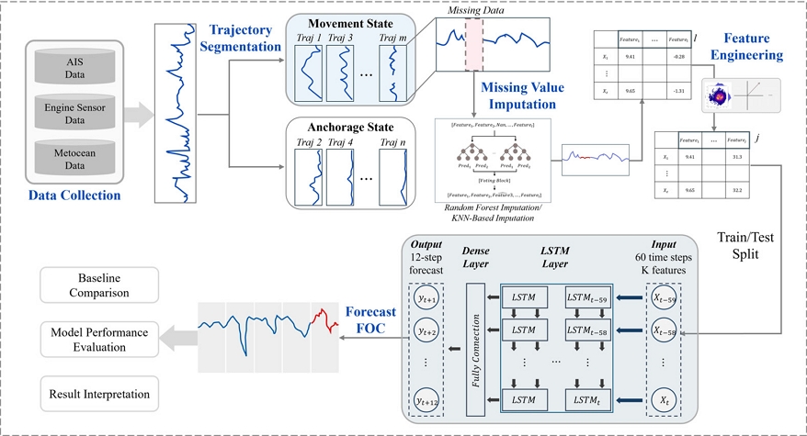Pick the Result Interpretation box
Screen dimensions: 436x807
pyautogui.click(x=96, y=394)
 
